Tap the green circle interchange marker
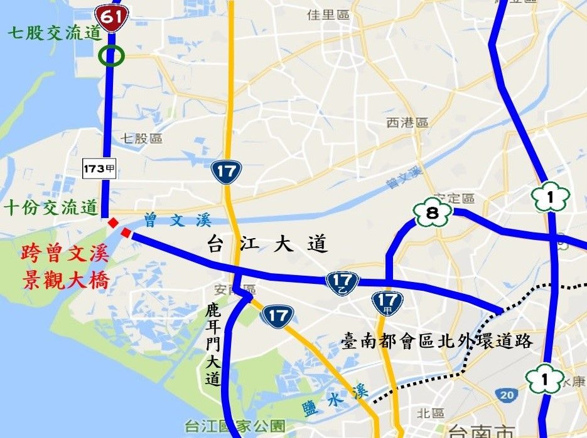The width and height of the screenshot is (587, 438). coord(112,56)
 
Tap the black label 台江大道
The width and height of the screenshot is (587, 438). coord(267,245)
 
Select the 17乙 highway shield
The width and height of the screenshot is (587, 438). coord(342,284)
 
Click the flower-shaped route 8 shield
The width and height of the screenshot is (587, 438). coord(432,214)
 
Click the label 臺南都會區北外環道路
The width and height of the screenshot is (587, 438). coord(437,342)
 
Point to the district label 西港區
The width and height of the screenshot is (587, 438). coord(407,123)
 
